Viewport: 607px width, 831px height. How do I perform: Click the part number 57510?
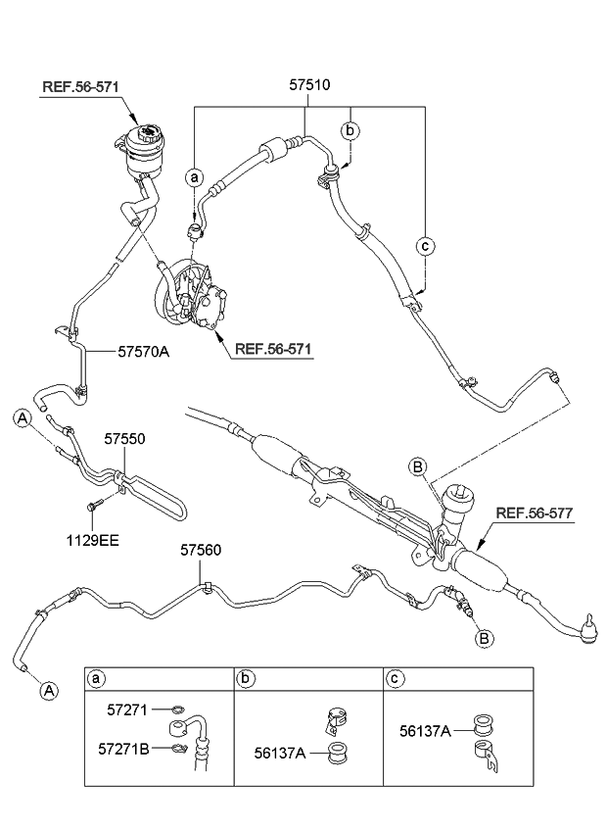(x=308, y=85)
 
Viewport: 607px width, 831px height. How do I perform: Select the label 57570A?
(x=144, y=350)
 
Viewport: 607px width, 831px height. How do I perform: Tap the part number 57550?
(x=125, y=441)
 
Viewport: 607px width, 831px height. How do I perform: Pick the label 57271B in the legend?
(x=122, y=749)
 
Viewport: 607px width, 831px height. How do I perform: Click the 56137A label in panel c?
(x=425, y=729)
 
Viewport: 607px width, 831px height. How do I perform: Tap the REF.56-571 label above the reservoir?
(x=80, y=87)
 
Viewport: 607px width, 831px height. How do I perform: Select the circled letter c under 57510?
(x=425, y=246)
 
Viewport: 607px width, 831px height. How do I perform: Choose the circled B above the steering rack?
(x=417, y=467)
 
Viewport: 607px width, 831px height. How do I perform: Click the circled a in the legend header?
(x=96, y=678)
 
